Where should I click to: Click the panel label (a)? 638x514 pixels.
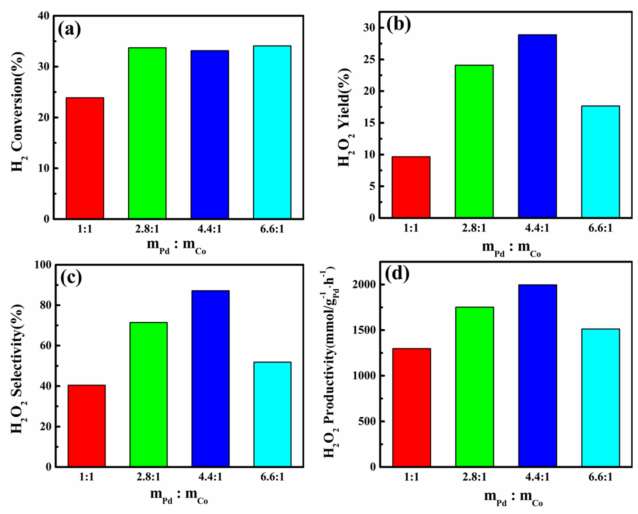[x=69, y=30]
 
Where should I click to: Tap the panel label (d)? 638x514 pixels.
[x=397, y=273]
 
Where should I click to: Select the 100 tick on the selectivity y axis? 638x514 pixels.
[x=43, y=265]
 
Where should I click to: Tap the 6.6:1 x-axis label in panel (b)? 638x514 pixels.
[x=601, y=228]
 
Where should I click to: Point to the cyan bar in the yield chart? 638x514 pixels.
[x=601, y=162]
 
